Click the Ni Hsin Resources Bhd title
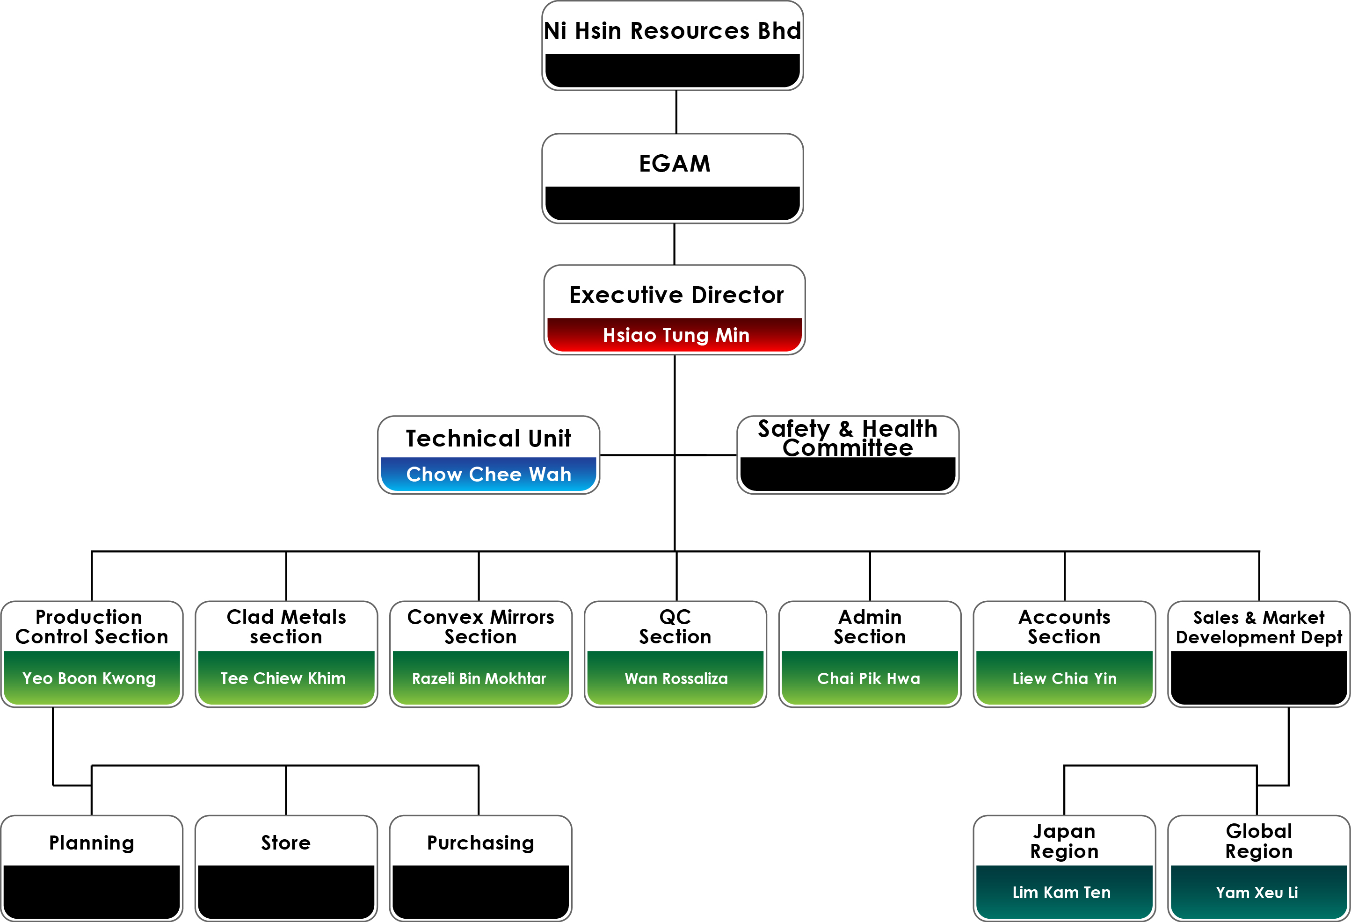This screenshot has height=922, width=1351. tap(673, 31)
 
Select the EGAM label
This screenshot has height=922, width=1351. tap(675, 164)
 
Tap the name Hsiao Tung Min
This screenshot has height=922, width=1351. tap(675, 335)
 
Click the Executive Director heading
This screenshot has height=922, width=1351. tap(676, 295)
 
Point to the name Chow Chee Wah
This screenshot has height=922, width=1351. tap(488, 475)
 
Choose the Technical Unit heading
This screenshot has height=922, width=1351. tap(488, 439)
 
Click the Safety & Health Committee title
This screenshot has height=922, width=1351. tap(848, 438)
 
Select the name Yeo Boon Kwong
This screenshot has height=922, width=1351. tap(89, 678)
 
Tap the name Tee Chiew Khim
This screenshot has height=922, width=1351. tap(283, 678)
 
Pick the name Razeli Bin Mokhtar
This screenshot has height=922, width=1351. tap(479, 678)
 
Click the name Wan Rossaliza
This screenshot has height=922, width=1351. tap(676, 678)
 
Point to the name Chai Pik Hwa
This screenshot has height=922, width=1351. tap(869, 678)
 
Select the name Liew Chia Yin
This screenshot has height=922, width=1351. tap(1064, 678)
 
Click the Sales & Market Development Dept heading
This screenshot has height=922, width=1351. tap(1258, 627)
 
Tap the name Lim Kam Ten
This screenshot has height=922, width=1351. tap(1061, 893)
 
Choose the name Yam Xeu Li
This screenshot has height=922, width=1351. tap(1257, 893)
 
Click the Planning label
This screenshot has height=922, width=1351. tap(91, 843)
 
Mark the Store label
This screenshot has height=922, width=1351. tap(285, 843)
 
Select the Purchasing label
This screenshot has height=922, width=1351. tap(480, 843)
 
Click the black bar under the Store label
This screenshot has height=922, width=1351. tap(286, 892)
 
